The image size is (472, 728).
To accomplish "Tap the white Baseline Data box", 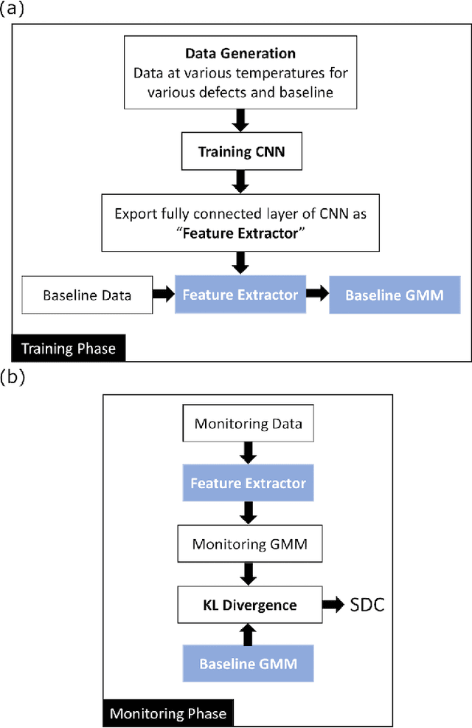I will pos(87,295).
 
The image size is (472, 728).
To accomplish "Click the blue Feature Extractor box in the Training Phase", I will pos(240,295).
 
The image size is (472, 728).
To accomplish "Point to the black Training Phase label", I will pos(69,348).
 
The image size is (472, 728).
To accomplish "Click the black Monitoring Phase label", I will pos(168,713).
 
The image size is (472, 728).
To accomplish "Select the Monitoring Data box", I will pos(248,424).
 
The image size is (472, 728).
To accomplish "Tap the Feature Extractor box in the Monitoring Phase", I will pos(248,484).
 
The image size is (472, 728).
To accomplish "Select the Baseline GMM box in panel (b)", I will pos(248,663).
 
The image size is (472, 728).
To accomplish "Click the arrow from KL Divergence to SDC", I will pos(333,605).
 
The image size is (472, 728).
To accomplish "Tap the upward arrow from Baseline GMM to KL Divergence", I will pos(248,634).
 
